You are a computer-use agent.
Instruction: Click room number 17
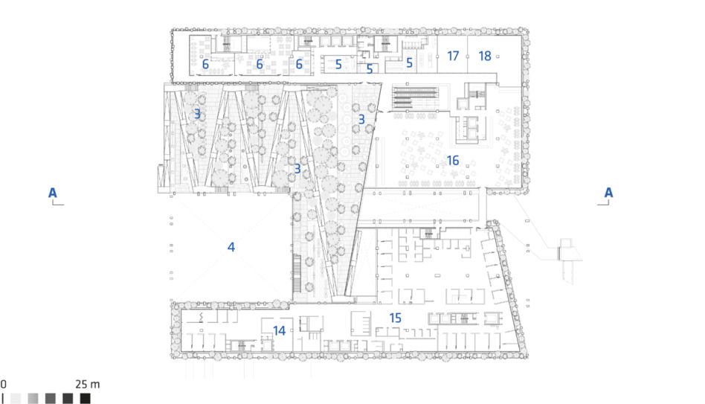click(453, 56)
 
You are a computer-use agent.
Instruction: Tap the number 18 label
click(485, 56)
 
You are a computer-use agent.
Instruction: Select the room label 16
click(452, 160)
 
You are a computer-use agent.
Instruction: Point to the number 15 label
click(395, 318)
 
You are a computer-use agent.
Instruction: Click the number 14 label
click(279, 330)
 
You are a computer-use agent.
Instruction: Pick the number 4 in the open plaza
click(231, 246)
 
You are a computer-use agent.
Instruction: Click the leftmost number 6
click(205, 64)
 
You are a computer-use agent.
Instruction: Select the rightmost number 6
click(299, 64)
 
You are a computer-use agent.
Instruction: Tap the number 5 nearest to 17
click(409, 62)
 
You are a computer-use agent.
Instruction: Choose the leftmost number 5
click(338, 64)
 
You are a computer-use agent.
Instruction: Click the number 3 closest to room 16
click(361, 119)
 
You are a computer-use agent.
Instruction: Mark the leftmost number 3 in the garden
click(197, 114)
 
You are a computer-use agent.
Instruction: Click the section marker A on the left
click(53, 193)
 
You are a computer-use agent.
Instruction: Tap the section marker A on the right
click(608, 193)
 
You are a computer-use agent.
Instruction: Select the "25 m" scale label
click(87, 384)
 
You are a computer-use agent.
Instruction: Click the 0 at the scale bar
click(3, 384)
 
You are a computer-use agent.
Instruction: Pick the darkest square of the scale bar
click(85, 398)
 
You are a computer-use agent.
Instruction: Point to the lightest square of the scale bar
click(16, 398)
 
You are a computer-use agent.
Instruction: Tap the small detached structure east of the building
click(565, 249)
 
